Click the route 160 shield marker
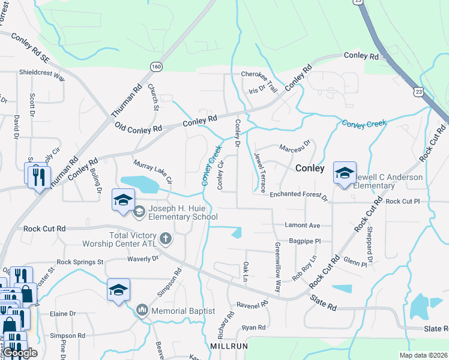click(x=156, y=67)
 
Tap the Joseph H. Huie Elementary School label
click(x=178, y=213)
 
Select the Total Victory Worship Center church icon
click(x=166, y=239)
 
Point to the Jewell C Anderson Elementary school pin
click(x=345, y=174)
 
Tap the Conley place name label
click(x=310, y=169)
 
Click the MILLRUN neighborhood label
click(x=226, y=347)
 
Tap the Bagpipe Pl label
click(x=306, y=241)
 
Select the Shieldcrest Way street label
click(x=42, y=76)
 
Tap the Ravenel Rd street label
click(x=252, y=304)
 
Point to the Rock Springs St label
click(x=80, y=262)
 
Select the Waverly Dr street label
click(x=142, y=258)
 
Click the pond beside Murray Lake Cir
click(x=139, y=184)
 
